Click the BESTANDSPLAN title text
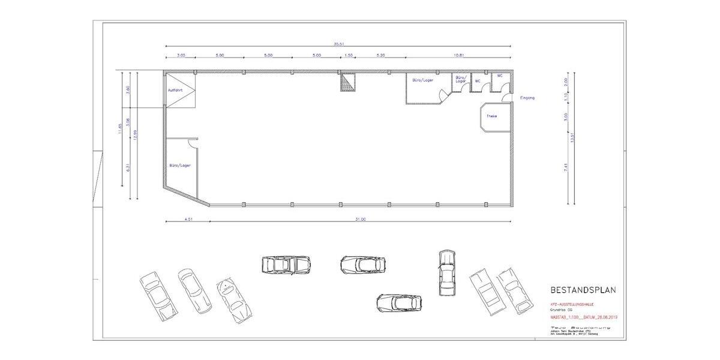pos(583,290)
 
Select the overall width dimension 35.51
pos(338,43)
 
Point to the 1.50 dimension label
pos(349,55)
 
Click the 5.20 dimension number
pos(380,55)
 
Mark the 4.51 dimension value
pos(187,219)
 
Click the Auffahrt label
pos(175,91)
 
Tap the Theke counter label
pos(491,116)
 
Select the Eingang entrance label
pos(527,97)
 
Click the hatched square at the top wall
pos(349,82)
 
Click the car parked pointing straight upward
pos(446,272)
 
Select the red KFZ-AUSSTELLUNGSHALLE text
pos(575,304)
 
